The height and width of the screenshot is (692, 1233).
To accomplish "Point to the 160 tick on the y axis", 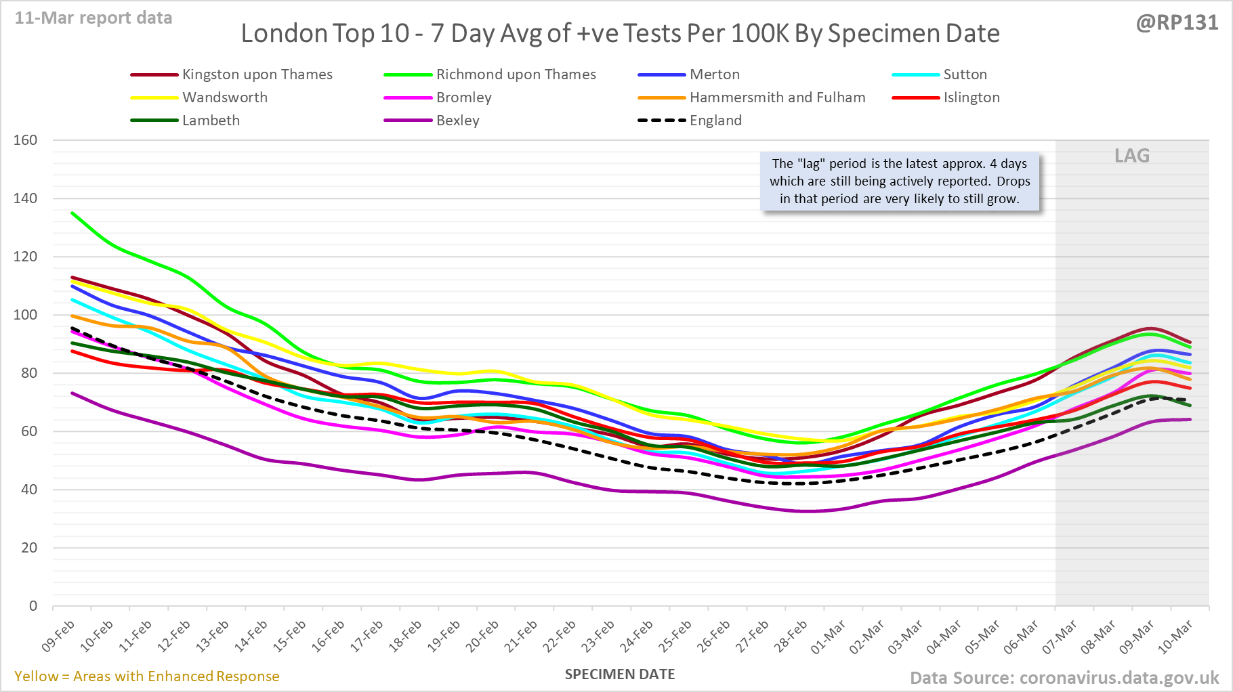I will click(26, 140).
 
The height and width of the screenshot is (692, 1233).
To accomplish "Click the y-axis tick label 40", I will click(29, 490).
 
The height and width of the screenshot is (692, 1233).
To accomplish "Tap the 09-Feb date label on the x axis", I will click(59, 636).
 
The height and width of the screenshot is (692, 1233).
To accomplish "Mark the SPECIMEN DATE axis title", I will click(620, 674).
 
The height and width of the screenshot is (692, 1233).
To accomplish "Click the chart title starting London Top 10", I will click(620, 33).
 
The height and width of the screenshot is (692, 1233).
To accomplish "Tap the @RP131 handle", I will click(1177, 22).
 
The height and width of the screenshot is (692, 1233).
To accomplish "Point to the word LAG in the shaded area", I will click(1132, 156).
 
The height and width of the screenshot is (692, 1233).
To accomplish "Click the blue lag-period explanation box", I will click(899, 181).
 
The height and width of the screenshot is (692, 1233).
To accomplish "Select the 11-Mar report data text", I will click(93, 18).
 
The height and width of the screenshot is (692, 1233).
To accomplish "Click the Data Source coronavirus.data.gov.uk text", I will click(1064, 678).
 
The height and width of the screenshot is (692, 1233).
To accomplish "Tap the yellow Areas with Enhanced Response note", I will click(147, 676).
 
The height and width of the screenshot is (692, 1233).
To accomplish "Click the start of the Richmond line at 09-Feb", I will click(72, 213).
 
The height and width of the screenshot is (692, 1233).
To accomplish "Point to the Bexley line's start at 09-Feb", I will click(72, 393).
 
